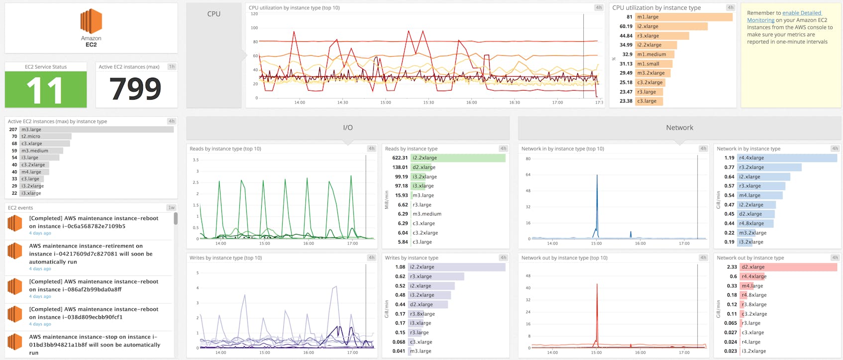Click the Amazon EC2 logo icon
click(x=91, y=21)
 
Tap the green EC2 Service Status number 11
click(x=45, y=90)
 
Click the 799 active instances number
click(x=135, y=89)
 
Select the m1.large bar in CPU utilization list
click(x=683, y=17)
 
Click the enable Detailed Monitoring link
click(x=801, y=13)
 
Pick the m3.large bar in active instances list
click(x=97, y=129)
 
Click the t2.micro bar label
click(x=31, y=136)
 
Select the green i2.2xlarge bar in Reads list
click(x=458, y=158)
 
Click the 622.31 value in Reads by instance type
click(x=400, y=158)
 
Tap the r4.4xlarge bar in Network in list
click(x=786, y=158)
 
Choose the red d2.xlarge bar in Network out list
click(x=788, y=267)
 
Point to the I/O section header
click(x=348, y=128)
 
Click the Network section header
click(x=679, y=128)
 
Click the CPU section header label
click(x=213, y=14)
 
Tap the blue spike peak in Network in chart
click(x=597, y=176)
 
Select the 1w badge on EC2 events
click(x=171, y=208)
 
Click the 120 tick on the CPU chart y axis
click(x=254, y=14)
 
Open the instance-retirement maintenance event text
click(x=91, y=253)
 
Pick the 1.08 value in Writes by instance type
click(x=400, y=267)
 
